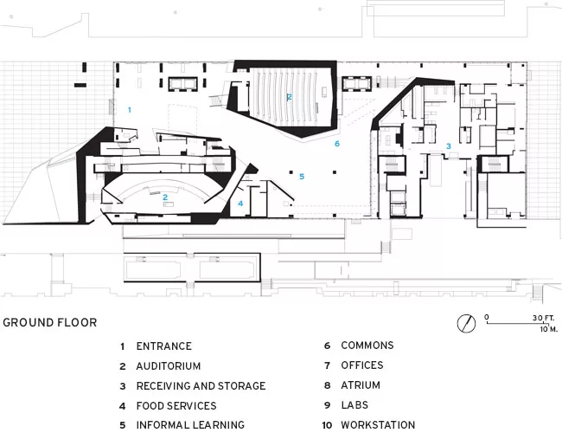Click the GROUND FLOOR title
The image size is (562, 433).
(x=50, y=322)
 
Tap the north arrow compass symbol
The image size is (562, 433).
(x=466, y=323)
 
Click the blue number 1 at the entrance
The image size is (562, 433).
(x=130, y=110)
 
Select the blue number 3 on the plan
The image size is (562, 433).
(x=449, y=146)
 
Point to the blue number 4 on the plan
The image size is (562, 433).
(x=240, y=204)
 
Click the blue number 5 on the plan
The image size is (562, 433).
(x=302, y=177)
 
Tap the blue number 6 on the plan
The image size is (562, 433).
(x=337, y=144)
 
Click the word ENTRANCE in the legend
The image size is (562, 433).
(x=163, y=346)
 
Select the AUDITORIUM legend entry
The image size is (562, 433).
(x=168, y=366)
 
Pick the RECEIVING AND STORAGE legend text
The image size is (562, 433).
(x=201, y=386)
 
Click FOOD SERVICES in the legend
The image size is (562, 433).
(x=176, y=405)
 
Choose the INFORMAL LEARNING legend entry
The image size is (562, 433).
(x=190, y=425)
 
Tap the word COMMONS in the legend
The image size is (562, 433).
(x=367, y=346)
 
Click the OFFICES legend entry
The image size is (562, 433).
(x=362, y=365)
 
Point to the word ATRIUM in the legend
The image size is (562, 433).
(x=361, y=385)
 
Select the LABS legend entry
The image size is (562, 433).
(x=354, y=405)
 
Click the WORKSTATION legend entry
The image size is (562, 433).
(x=378, y=425)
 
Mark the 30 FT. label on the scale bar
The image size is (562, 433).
(x=543, y=318)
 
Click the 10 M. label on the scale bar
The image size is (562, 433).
(x=549, y=329)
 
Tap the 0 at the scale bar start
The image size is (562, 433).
(x=487, y=317)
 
